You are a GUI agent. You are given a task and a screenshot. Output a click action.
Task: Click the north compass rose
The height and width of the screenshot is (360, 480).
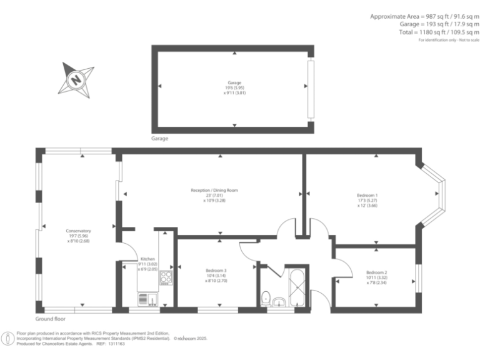(76, 79)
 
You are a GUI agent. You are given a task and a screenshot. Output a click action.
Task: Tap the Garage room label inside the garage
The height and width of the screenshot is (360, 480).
(234, 83)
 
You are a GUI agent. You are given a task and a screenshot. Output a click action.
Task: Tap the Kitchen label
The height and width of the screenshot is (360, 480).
(147, 258)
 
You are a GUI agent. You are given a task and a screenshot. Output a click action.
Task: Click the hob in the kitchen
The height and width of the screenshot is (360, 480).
(166, 276)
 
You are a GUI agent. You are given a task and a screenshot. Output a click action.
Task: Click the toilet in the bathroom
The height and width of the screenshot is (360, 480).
(266, 297)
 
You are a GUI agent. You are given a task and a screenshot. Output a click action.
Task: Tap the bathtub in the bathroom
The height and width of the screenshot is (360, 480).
(296, 287)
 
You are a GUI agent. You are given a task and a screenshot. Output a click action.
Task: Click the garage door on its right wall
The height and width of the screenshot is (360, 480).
(310, 91)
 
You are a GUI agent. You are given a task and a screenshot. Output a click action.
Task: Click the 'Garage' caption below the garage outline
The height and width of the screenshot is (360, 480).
(159, 138)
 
